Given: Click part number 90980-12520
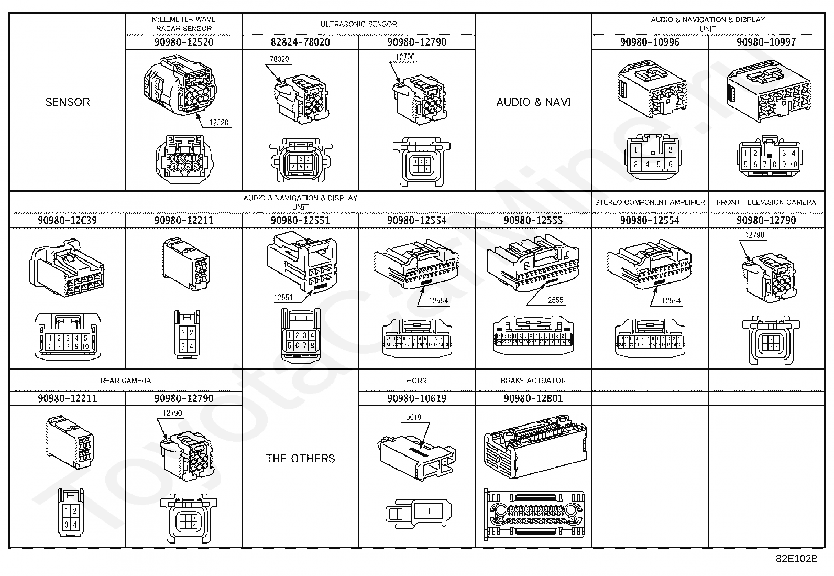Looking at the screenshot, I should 184,42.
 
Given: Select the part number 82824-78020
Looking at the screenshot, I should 300,42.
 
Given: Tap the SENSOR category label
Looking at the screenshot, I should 68,102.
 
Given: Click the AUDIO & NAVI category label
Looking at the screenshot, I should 533,102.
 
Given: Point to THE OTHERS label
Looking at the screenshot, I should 300,459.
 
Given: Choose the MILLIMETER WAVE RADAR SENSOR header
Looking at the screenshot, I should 184,24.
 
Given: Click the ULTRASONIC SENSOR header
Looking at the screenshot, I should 358,24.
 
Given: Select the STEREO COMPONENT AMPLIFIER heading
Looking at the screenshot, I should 650,202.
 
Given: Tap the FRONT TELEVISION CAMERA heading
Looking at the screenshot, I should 766,202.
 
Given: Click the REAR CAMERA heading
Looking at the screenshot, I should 126,381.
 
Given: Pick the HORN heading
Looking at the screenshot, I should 416,381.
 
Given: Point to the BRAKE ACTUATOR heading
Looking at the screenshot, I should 533,381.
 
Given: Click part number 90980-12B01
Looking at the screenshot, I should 533,398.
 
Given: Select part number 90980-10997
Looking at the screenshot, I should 766,42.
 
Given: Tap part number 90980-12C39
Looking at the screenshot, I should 68,220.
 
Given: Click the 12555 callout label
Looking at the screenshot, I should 554,300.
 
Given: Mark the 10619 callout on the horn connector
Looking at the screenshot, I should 412,418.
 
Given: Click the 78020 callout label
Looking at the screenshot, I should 279,59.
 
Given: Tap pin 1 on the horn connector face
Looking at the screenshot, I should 429,511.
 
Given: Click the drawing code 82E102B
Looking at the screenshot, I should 796,559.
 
